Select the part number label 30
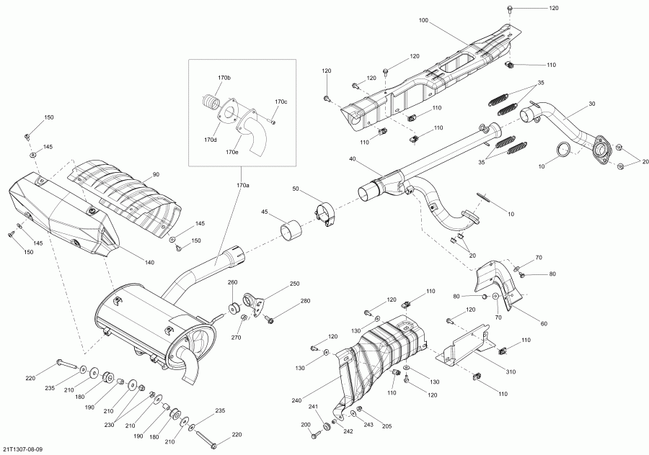pyautogui.click(x=592, y=104)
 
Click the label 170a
pyautogui.click(x=242, y=185)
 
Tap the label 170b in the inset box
pyautogui.click(x=224, y=77)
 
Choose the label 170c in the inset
pyautogui.click(x=281, y=102)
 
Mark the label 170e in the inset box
pyautogui.click(x=231, y=153)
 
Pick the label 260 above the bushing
pyautogui.click(x=233, y=282)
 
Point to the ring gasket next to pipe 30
pyautogui.click(x=564, y=150)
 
